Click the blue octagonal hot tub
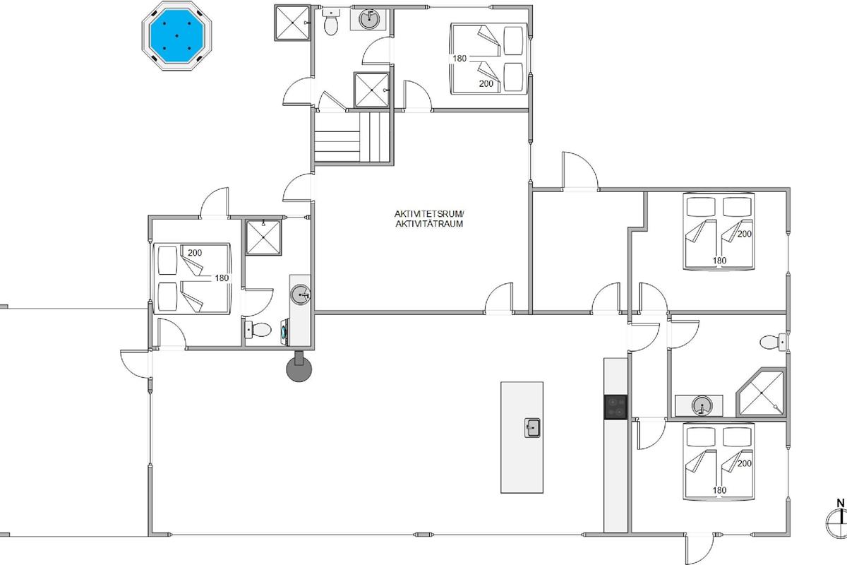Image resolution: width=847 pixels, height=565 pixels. [x=176, y=36]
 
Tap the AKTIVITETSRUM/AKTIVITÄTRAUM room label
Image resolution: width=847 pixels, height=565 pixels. [x=429, y=219]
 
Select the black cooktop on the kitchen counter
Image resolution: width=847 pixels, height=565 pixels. [x=615, y=408]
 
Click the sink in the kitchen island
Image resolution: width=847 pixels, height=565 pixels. [x=532, y=427]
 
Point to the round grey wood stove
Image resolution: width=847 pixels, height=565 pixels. [x=299, y=368]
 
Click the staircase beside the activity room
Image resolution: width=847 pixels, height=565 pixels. [x=352, y=137]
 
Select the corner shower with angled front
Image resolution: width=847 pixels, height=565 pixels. [x=760, y=393]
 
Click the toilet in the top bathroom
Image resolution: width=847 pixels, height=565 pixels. [x=331, y=23]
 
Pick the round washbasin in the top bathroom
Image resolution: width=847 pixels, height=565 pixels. [x=368, y=19]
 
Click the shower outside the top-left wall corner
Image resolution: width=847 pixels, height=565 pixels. [x=292, y=23]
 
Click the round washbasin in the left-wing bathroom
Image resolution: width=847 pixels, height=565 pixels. [x=301, y=295]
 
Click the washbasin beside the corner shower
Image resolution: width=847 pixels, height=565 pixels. [x=702, y=406]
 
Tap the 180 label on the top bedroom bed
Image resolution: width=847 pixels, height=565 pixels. [x=459, y=59]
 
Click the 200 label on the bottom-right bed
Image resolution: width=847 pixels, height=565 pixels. [x=744, y=463]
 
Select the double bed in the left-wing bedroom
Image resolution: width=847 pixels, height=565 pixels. [x=192, y=278]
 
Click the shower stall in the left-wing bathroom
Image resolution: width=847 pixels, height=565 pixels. [x=263, y=237]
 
